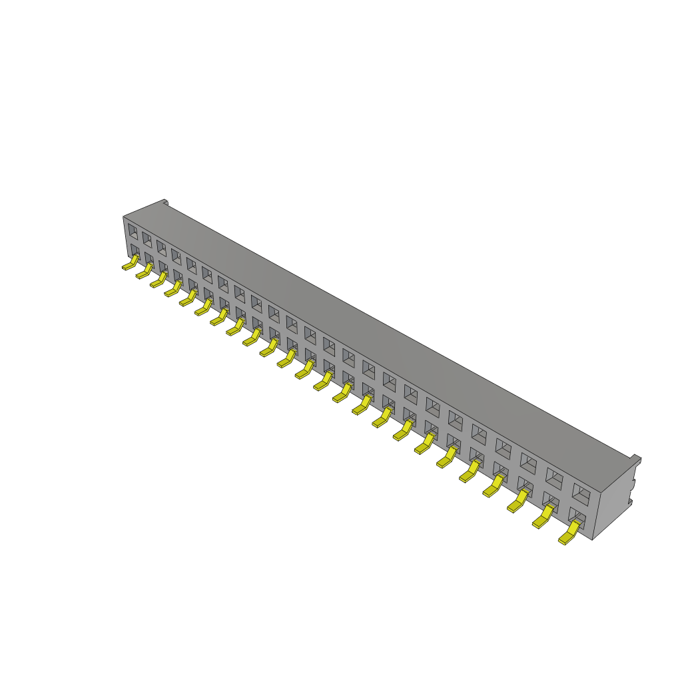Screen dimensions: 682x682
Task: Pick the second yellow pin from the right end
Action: click(x=543, y=518)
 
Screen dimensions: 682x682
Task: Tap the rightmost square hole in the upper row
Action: click(x=581, y=494)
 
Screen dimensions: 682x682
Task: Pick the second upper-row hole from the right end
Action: click(x=554, y=477)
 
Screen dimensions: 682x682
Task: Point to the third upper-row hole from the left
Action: click(x=161, y=248)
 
